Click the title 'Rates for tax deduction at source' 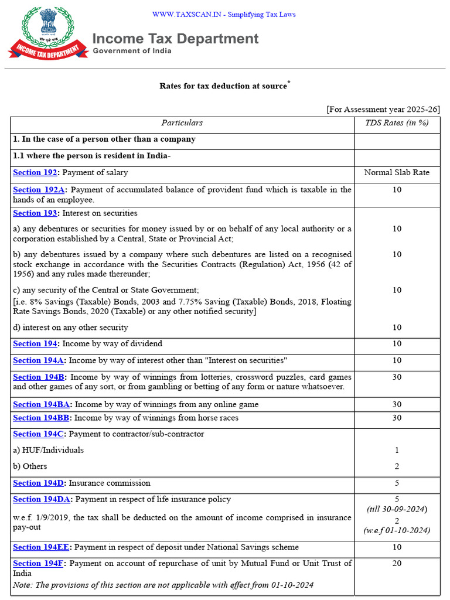223,86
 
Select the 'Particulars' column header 182,123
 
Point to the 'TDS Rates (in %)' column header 397,123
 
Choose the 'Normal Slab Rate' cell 397,173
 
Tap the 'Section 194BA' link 42,404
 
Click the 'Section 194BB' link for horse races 42,418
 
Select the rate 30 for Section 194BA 397,404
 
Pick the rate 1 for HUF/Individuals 397,450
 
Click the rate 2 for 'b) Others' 397,466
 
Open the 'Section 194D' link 39,483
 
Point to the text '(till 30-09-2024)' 397,509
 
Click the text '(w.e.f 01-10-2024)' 397,530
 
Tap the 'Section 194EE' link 42,547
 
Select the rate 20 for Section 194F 397,563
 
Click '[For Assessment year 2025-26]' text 383,110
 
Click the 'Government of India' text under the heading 132,51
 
